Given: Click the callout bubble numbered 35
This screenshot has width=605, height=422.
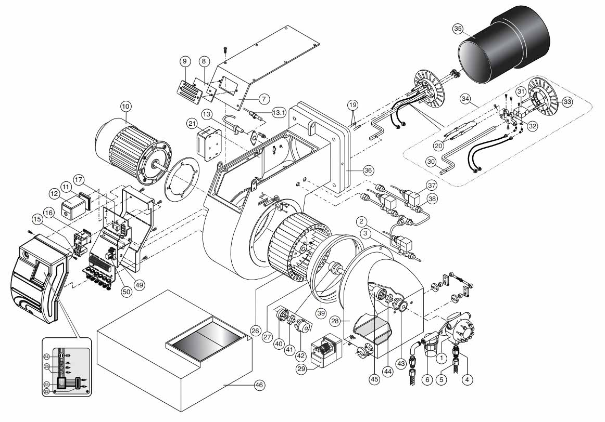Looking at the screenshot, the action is [458, 29].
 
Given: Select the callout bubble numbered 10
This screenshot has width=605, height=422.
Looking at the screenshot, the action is [126, 106].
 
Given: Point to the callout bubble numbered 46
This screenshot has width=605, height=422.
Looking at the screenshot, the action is [260, 385].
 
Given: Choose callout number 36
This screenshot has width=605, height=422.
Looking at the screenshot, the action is [369, 170].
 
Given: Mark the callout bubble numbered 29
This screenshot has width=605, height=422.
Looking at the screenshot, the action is [302, 368].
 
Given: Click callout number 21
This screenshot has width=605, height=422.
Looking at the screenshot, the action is [192, 123].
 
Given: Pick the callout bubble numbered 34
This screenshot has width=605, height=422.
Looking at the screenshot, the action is [466, 99].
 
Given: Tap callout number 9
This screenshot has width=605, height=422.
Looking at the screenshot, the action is [185, 61].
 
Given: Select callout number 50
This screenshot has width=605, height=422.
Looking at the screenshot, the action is [127, 292].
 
